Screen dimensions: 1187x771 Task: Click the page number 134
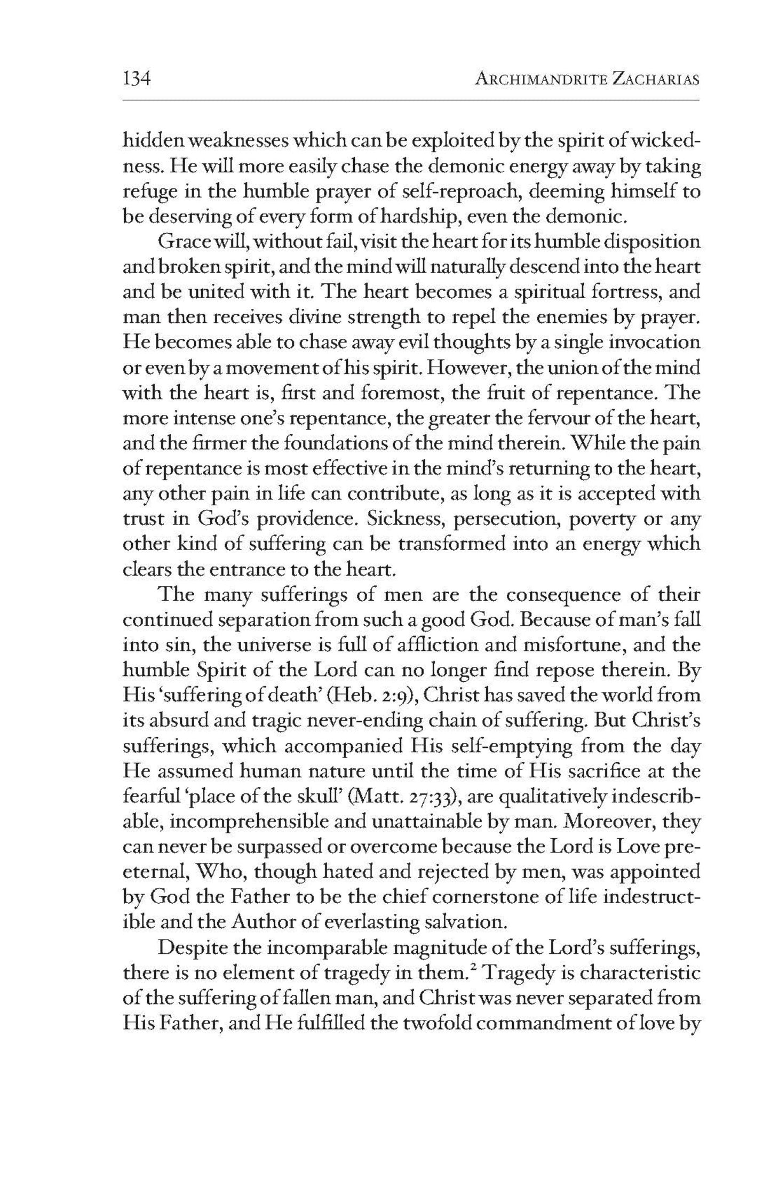(x=138, y=79)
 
